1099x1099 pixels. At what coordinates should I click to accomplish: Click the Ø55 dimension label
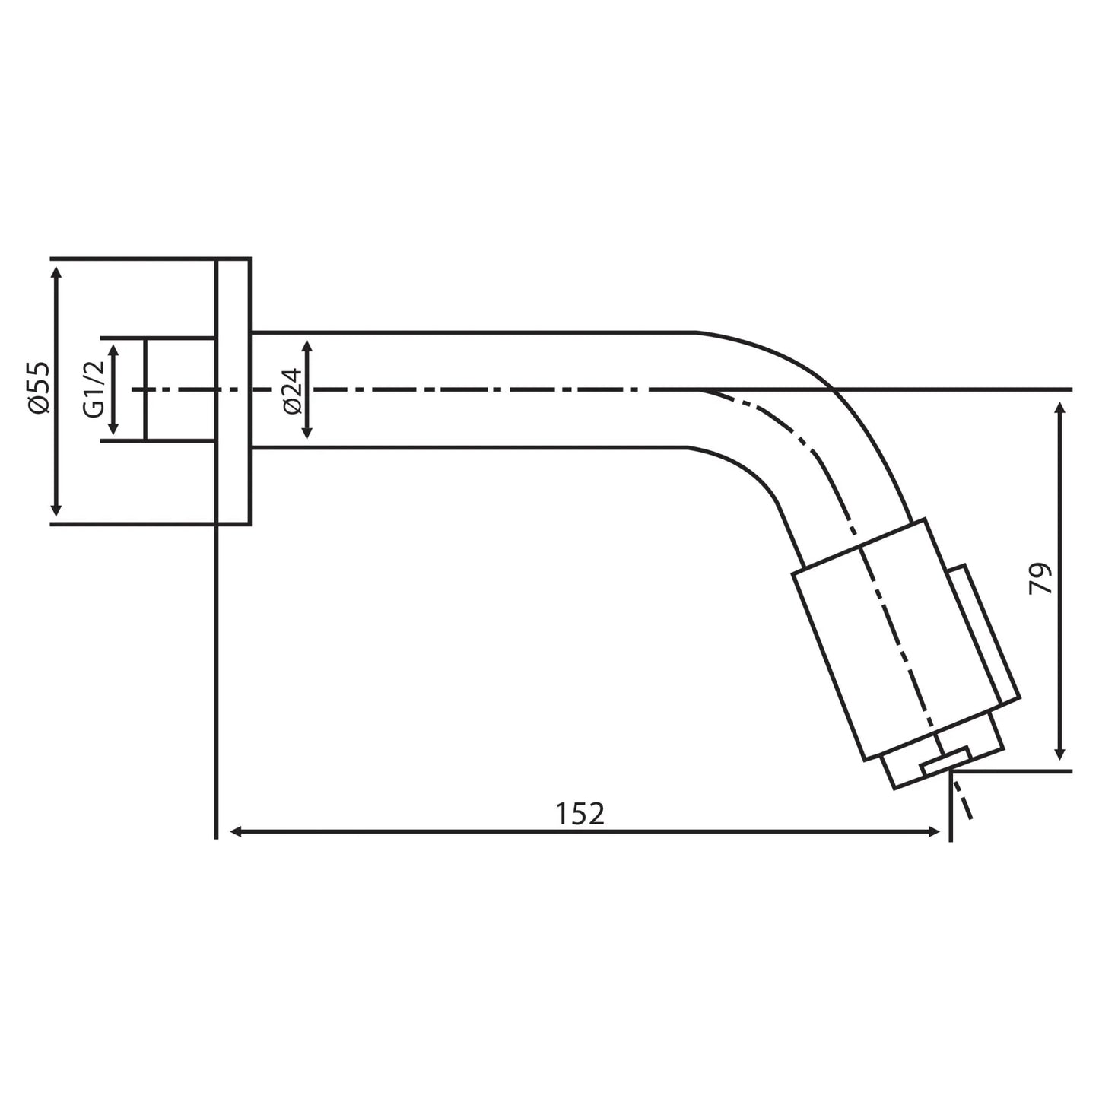tap(39, 388)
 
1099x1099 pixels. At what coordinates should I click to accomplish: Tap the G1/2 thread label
tap(93, 389)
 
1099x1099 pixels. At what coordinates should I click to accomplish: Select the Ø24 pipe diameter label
tap(293, 389)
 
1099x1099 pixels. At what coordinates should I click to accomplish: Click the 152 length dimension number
tap(580, 814)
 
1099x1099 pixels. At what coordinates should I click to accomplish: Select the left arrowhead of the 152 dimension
tap(236, 832)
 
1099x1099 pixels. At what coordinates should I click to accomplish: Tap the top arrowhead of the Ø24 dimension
tap(307, 348)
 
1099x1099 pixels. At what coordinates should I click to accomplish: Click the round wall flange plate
tap(233, 391)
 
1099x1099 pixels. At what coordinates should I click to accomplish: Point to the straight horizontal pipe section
tap(472, 389)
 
